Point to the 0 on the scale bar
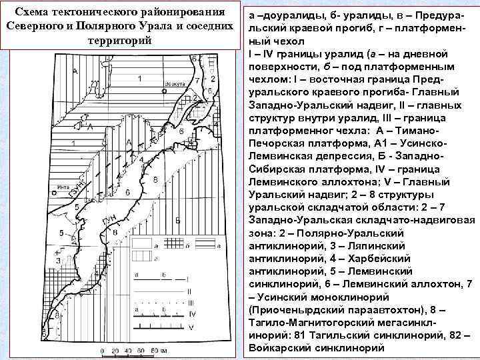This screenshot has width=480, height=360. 102,351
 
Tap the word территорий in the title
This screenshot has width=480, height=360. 120,39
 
